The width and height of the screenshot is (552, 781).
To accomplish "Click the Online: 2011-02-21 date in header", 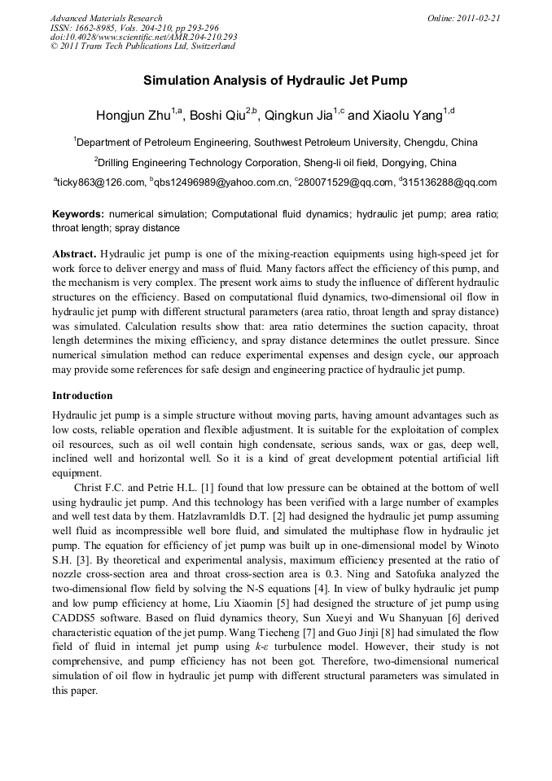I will [x=465, y=18].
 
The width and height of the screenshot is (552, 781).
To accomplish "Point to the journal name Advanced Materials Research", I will [x=106, y=18].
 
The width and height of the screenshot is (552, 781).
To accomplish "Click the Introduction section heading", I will [x=82, y=396].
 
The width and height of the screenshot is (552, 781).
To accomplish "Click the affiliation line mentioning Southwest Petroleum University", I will [x=275, y=142].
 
